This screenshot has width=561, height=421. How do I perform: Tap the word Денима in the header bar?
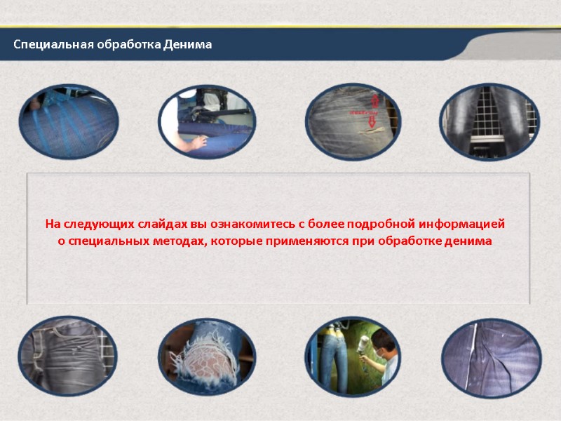tap(187, 45)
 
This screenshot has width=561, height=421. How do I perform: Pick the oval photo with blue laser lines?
tap(68, 121)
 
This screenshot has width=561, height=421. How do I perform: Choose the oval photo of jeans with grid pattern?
tap(489, 121)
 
